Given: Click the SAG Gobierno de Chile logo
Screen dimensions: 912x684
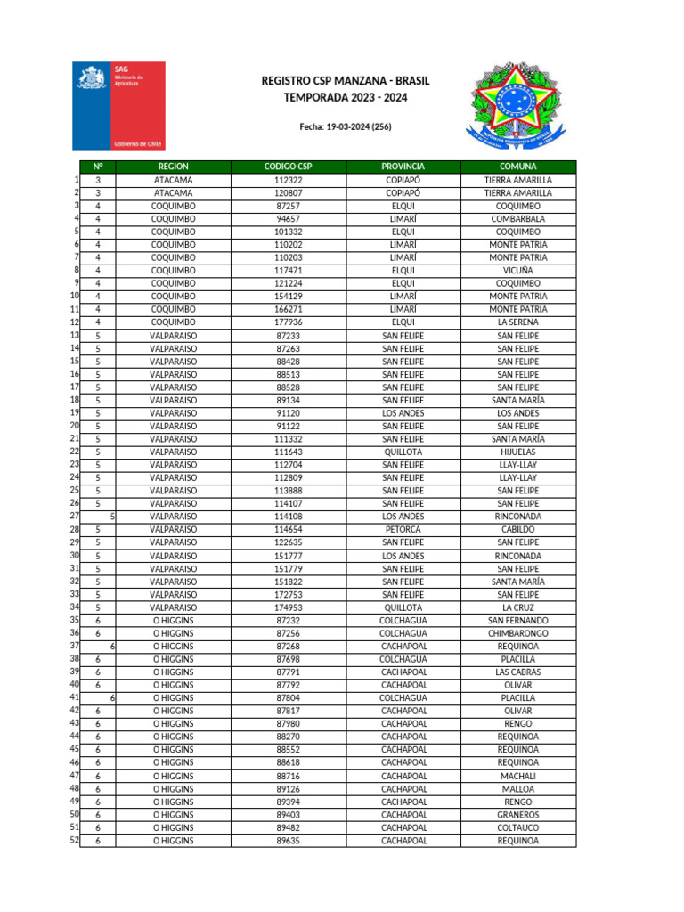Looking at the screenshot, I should tap(118, 105).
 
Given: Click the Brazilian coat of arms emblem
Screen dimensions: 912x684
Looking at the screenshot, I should tap(510, 105).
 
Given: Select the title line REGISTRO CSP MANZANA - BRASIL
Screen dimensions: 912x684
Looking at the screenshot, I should tap(345, 81).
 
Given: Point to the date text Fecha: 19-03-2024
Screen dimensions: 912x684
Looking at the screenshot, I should tap(345, 127).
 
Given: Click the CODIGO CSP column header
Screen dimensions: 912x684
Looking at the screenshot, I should tap(288, 167).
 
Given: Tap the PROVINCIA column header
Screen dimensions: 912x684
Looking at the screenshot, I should tap(403, 167).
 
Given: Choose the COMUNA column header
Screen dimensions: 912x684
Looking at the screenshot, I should tap(517, 167).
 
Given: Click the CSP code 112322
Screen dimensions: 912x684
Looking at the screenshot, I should tap(288, 180).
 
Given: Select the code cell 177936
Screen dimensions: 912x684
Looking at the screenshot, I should tap(288, 322).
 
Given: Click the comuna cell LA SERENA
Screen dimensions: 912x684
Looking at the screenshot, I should tap(517, 322).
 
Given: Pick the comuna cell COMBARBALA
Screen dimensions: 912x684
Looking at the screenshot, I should tap(517, 218).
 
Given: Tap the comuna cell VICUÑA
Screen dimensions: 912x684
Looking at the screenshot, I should tap(517, 270).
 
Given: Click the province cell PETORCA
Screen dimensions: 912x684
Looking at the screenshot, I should tap(403, 529).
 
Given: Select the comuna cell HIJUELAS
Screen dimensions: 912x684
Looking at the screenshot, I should tap(517, 452).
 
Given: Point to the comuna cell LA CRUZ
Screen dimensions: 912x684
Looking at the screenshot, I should tap(517, 607).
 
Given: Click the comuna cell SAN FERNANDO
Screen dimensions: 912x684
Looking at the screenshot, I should tap(517, 620).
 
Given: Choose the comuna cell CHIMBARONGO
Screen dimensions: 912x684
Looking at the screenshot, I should tap(517, 633).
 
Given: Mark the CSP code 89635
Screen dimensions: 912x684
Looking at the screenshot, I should tap(288, 840).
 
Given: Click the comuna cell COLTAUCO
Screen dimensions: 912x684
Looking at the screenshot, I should tap(517, 827).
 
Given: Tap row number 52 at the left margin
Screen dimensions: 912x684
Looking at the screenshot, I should tap(74, 840).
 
